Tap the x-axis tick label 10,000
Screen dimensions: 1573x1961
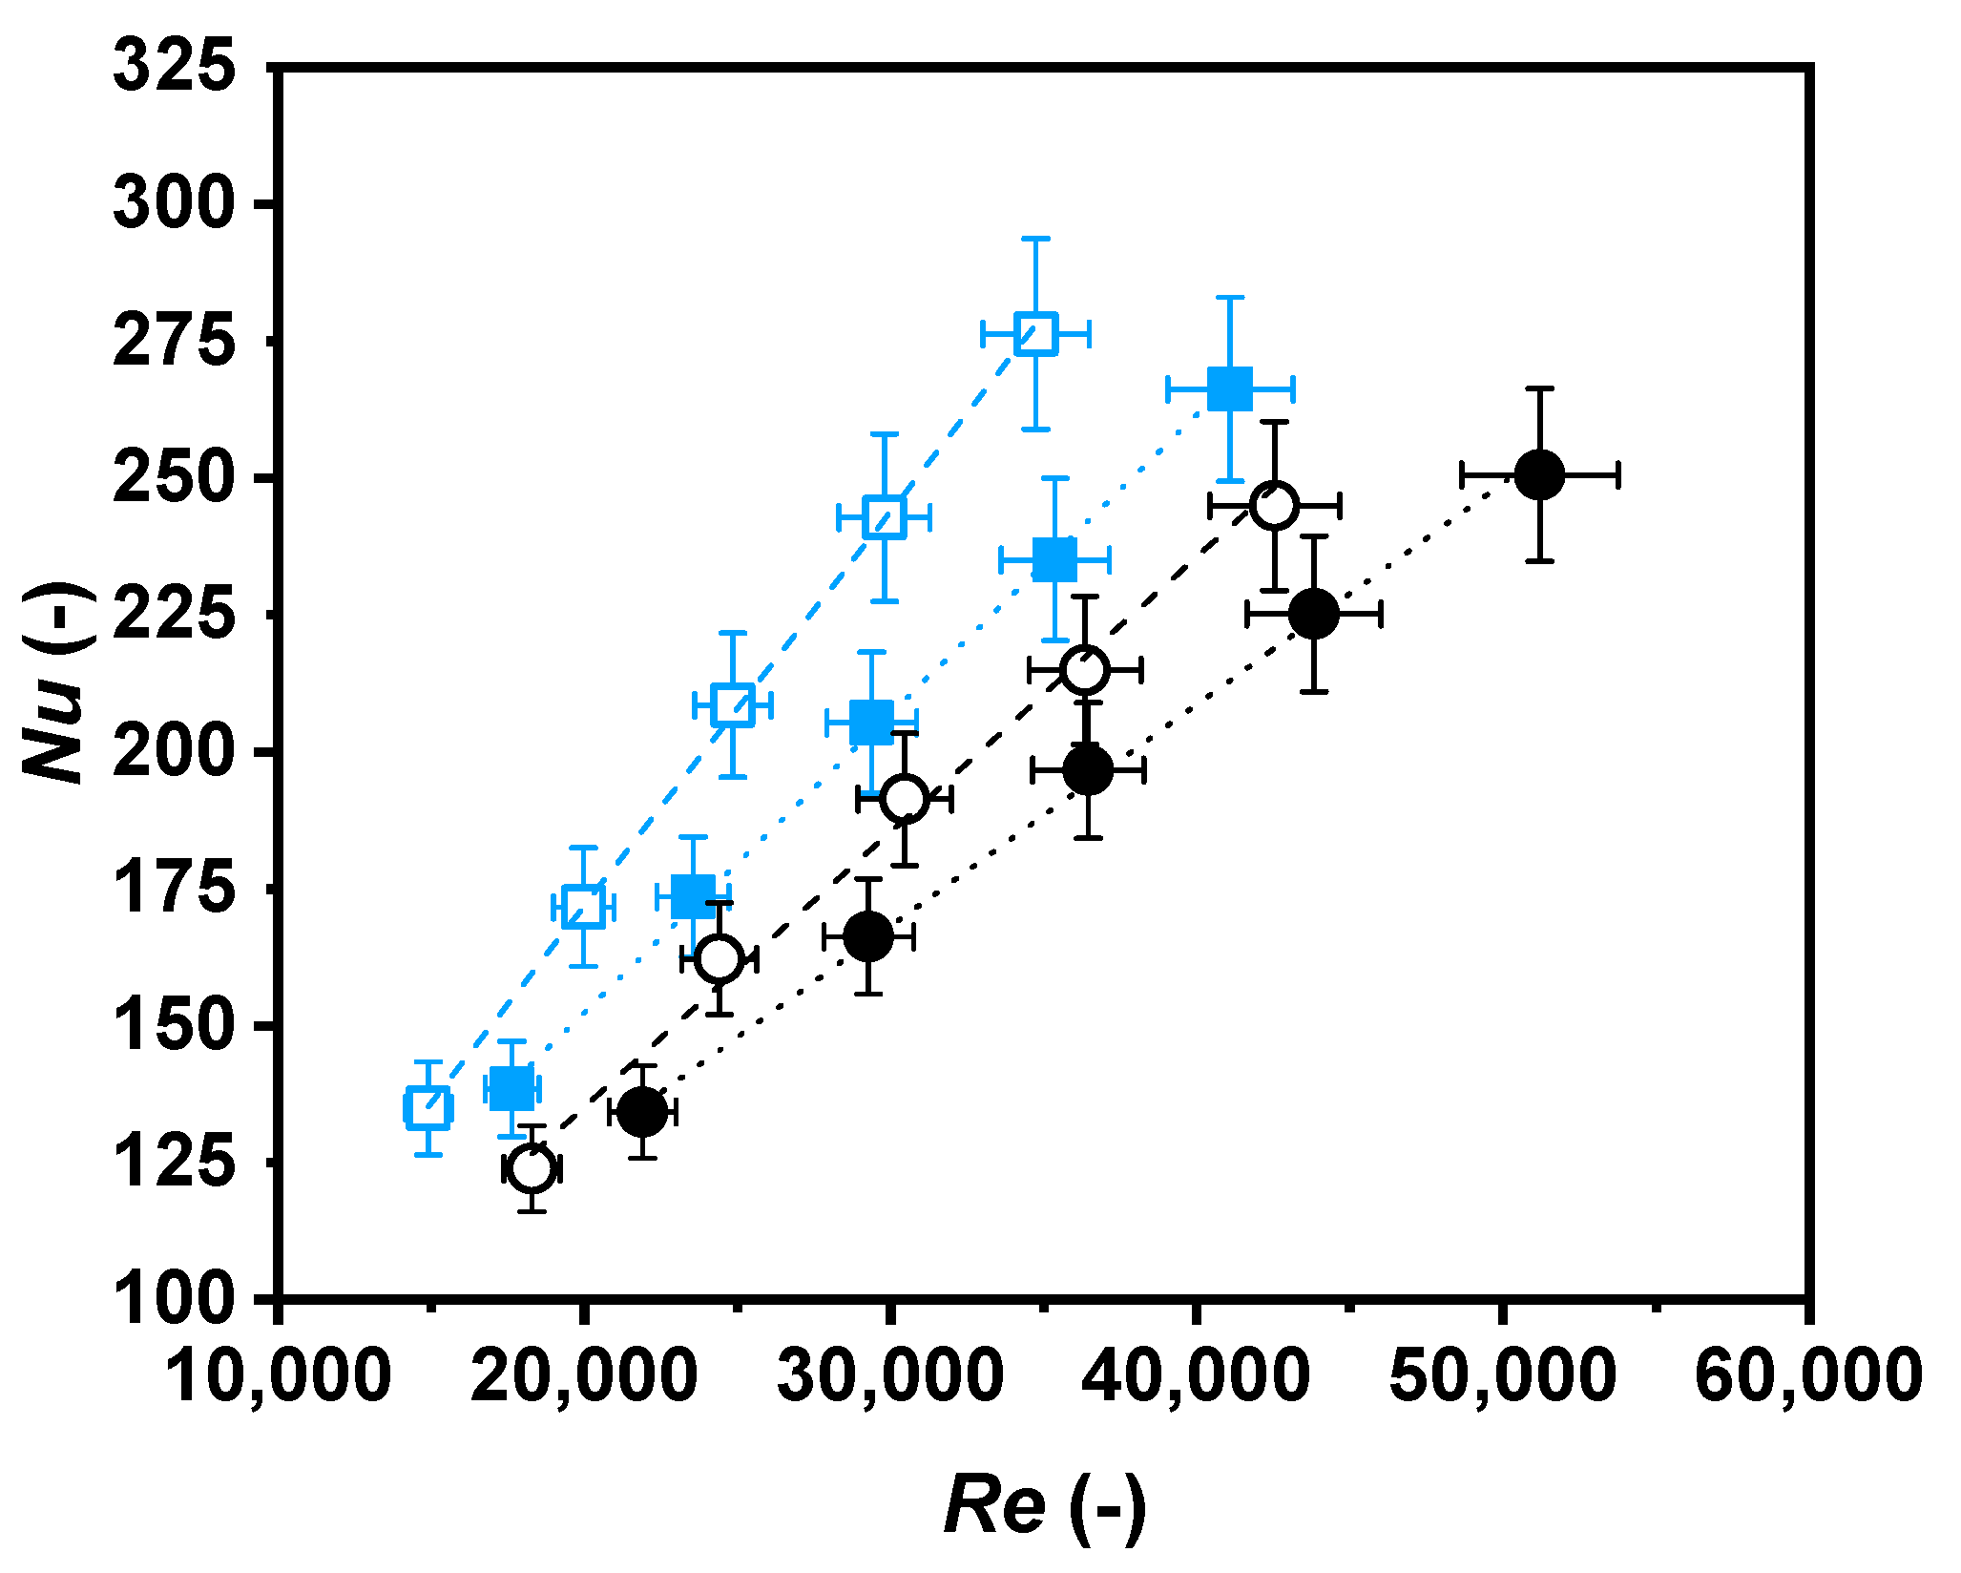coord(278,1375)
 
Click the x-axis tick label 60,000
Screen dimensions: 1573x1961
coord(1807,1375)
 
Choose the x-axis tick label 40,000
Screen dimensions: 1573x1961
coord(1195,1375)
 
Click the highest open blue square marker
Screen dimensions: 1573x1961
coord(1036,333)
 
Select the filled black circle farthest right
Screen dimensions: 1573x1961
coord(1539,474)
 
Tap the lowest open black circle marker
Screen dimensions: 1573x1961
coord(532,1167)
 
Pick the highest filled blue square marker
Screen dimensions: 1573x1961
coord(1229,388)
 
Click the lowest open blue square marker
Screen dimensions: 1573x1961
coord(428,1107)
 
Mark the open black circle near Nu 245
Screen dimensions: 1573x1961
coord(1275,506)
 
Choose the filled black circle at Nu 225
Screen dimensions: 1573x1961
coord(1314,614)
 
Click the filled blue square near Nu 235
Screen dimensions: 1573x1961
coord(1054,559)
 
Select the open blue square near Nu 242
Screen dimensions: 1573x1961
coord(884,517)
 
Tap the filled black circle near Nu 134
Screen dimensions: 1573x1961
coord(643,1111)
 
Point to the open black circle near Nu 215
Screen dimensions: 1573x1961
coord(1085,669)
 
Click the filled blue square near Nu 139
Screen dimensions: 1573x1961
coord(511,1087)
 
